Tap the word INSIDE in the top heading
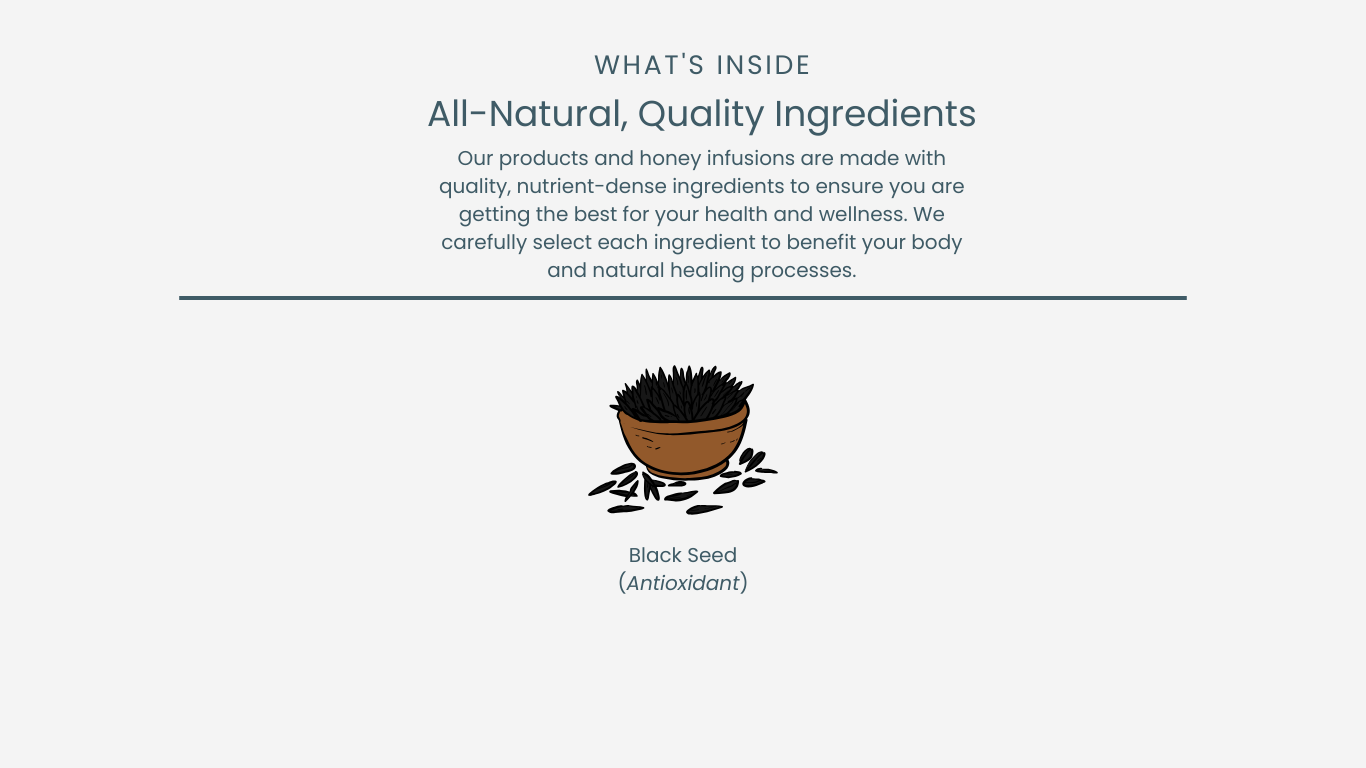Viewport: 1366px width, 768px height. [x=763, y=65]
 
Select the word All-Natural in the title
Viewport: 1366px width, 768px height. [x=527, y=114]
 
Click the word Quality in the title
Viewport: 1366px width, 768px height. [x=701, y=115]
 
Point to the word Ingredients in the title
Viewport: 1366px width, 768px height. [x=875, y=115]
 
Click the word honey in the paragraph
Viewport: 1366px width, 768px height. [x=670, y=159]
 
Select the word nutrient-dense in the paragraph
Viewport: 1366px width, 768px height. [x=592, y=186]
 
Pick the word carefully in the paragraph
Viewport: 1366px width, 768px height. [x=484, y=243]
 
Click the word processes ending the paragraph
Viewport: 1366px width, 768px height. [x=803, y=271]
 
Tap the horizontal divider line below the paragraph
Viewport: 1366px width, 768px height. [x=683, y=298]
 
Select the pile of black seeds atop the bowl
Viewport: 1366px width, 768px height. [x=682, y=393]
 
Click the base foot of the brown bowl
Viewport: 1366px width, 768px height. [x=686, y=471]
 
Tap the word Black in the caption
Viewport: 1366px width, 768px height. [x=655, y=555]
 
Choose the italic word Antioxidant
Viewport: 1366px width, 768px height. [x=683, y=583]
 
